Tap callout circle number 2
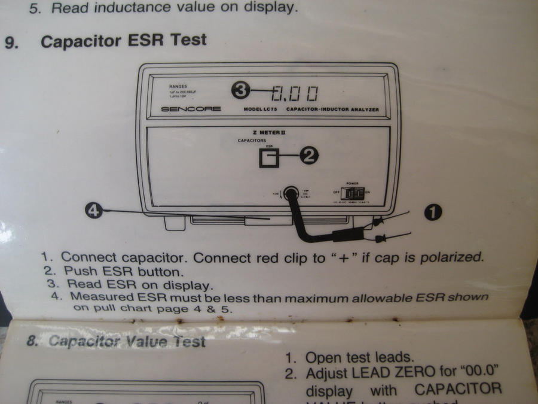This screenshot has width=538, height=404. point(308,156)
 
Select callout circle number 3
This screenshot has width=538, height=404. point(240,90)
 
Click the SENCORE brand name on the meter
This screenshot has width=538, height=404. point(191,109)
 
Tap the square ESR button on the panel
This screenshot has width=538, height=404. point(269,158)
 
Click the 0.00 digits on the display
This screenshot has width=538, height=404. point(294,93)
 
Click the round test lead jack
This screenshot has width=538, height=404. point(291,193)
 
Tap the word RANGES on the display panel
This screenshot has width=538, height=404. point(178,86)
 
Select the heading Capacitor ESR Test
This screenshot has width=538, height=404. point(124,41)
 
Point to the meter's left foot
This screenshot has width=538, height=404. point(175,223)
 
